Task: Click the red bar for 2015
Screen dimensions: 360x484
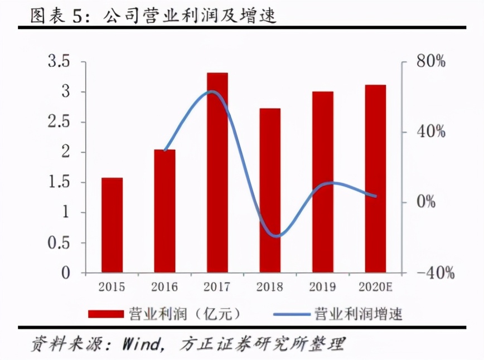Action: pyautogui.click(x=112, y=225)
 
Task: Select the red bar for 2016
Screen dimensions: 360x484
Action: pyautogui.click(x=164, y=211)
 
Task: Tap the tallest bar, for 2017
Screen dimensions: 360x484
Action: pyautogui.click(x=217, y=173)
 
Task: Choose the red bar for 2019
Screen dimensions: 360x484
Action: pyautogui.click(x=322, y=182)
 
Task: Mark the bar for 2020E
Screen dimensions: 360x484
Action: pyautogui.click(x=375, y=179)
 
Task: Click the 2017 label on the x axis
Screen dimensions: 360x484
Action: pyautogui.click(x=217, y=288)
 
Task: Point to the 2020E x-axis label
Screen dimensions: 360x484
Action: pyautogui.click(x=375, y=288)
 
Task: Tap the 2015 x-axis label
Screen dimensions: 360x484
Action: pyautogui.click(x=112, y=288)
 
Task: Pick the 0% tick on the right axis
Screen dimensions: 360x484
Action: pyautogui.click(x=426, y=202)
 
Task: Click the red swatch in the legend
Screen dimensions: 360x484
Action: pyautogui.click(x=105, y=314)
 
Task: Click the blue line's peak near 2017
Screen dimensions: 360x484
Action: pyautogui.click(x=211, y=91)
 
